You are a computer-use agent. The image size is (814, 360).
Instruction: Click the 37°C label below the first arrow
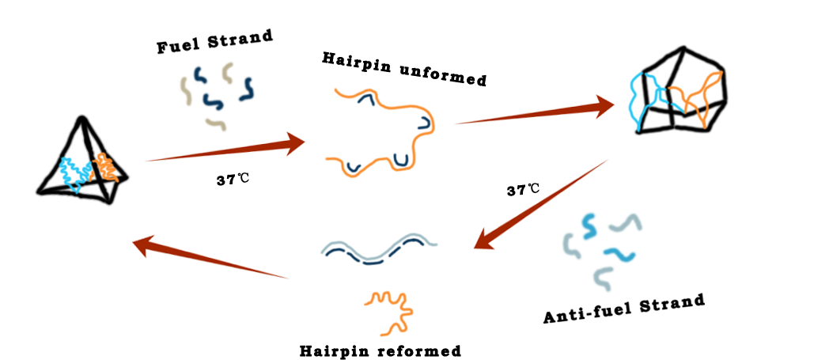click(x=233, y=180)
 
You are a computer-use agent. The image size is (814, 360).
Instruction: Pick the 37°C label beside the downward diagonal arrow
click(x=523, y=190)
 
